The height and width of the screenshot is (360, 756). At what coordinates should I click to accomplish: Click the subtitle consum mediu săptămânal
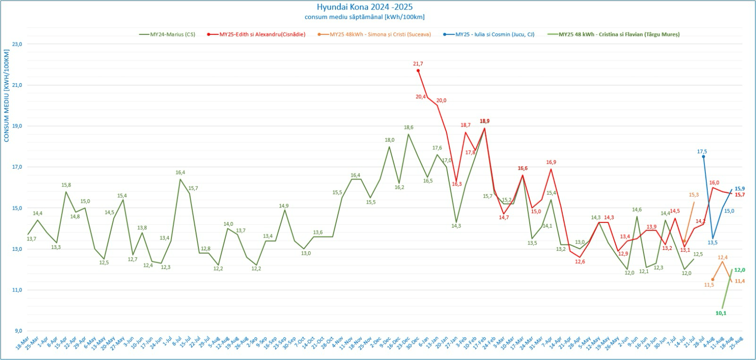point(364,17)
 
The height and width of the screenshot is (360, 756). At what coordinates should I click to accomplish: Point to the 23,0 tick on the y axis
point(17,44)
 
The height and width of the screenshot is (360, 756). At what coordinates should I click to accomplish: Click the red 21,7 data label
point(418,64)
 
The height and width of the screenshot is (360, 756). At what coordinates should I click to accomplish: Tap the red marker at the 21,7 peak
point(418,70)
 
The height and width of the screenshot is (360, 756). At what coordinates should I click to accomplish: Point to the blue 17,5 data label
point(702,152)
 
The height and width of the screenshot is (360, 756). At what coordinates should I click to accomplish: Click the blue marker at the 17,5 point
point(703,156)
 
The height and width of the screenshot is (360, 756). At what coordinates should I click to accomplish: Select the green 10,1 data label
point(721,313)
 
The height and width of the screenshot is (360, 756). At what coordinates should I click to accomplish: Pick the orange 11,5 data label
point(709,285)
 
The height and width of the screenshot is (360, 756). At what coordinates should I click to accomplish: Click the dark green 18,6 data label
point(409,128)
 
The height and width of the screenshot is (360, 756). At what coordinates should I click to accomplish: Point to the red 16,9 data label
point(551,163)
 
